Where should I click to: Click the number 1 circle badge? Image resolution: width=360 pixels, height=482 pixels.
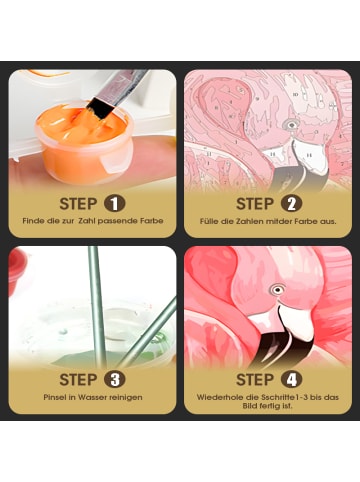pos(115,204)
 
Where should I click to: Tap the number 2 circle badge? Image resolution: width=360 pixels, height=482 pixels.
pos(291,204)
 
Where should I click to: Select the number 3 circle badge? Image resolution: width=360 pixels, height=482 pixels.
pos(115,380)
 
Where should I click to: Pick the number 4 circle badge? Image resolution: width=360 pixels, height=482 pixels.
pos(291,380)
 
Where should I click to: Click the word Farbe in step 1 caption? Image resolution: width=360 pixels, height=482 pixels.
pos(151,221)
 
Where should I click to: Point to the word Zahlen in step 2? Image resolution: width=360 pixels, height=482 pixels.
pos(249,221)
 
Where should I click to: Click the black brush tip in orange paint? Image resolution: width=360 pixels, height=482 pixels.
pos(100,108)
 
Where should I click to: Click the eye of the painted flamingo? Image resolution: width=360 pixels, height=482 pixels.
pos(277,289)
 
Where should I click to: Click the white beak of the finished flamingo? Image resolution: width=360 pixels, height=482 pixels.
pos(296,320)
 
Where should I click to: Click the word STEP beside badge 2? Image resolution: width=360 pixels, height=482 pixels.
pos(255,204)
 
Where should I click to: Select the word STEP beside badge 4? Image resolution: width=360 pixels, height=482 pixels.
pos(255,380)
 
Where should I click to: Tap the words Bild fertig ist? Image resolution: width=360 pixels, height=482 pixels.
pos(267,406)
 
